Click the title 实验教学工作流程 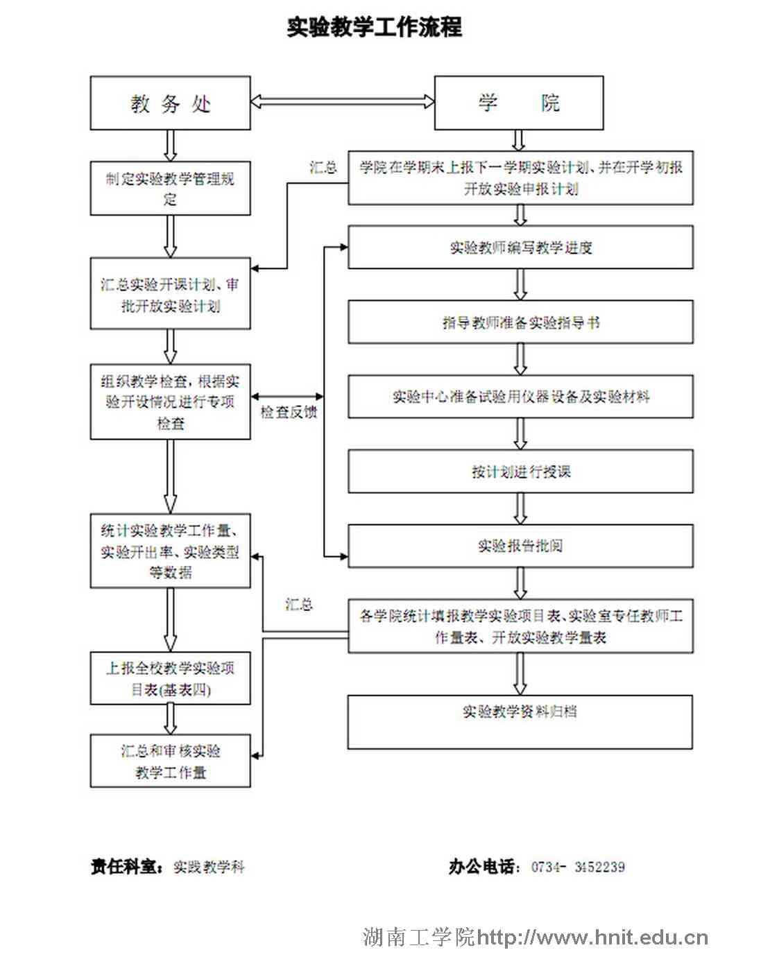375,28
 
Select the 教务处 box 170,103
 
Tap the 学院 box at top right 518,103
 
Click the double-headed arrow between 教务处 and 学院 342,102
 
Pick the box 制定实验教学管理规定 170,189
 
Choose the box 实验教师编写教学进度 520,248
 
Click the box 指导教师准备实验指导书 520,322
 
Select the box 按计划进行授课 520,472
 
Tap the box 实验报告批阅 520,546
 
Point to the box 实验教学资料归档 520,721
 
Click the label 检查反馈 289,413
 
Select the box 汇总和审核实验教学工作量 170,761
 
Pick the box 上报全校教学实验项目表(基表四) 170,678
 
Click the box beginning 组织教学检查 170,402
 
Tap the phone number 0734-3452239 578,867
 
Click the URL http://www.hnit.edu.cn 592,938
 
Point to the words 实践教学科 209,867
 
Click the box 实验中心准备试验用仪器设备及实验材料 520,397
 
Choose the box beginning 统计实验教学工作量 170,551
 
